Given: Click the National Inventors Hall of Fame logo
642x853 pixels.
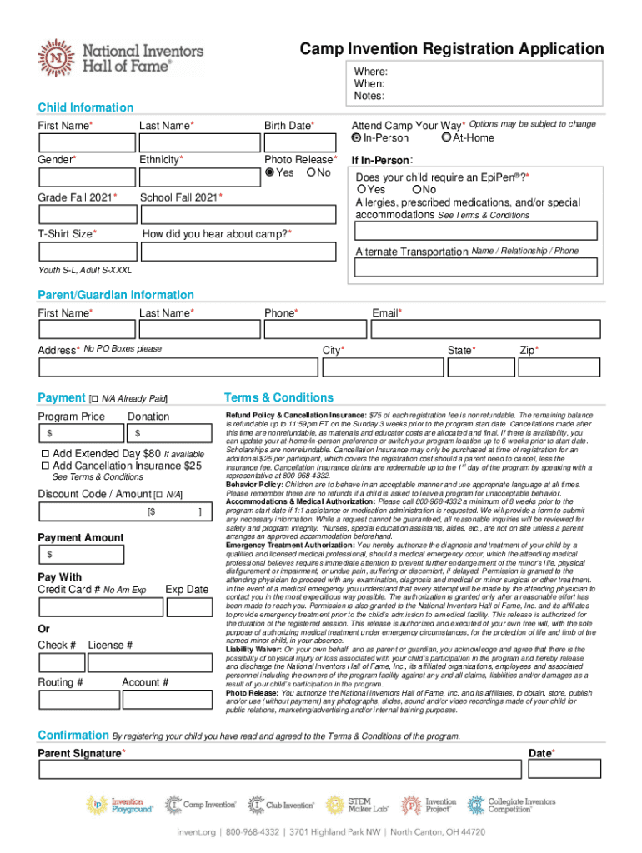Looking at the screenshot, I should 119,57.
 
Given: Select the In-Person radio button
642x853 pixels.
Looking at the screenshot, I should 357,137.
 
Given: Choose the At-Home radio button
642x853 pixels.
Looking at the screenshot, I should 447,137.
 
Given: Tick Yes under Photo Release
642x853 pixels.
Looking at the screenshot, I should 269,172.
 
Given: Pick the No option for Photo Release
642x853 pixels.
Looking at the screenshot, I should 312,172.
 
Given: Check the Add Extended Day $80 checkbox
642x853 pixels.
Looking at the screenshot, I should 46,453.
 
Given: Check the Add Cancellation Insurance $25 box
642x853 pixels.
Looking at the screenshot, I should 46,466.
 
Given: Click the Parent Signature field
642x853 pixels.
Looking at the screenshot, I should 277,768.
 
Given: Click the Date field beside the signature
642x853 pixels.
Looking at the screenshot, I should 564,768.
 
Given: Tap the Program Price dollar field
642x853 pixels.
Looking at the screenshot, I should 81,433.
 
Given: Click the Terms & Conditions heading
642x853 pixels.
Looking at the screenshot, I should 278,397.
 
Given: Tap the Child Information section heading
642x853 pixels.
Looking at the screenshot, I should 85,107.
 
